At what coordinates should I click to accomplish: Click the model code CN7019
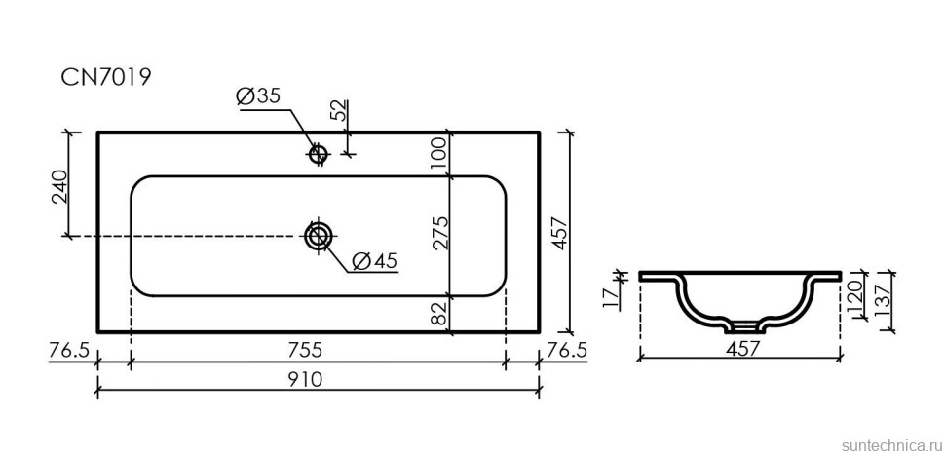click(x=106, y=78)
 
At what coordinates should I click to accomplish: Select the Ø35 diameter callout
click(x=257, y=96)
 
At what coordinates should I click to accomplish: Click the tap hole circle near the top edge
click(x=317, y=153)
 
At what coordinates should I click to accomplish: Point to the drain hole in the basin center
click(x=318, y=236)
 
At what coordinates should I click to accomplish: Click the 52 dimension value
click(x=338, y=109)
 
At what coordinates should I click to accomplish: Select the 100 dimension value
click(x=438, y=153)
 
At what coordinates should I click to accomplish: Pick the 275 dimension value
click(x=438, y=234)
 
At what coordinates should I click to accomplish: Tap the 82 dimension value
click(x=438, y=313)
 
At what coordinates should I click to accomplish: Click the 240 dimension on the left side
click(x=58, y=185)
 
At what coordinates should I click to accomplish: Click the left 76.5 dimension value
click(x=67, y=349)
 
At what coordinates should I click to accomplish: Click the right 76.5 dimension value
click(x=567, y=349)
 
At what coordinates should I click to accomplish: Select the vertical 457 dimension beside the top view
click(x=559, y=232)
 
